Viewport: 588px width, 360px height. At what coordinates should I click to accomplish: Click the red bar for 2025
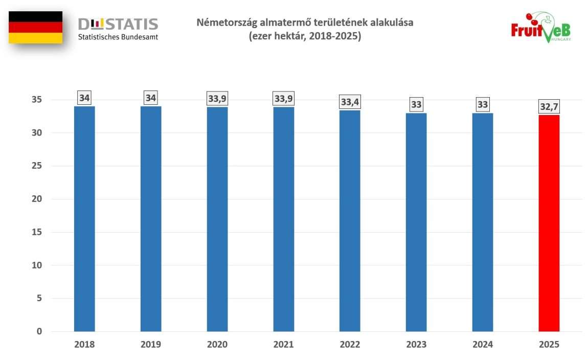[549, 223]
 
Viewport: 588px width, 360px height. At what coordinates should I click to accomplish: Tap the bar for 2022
[350, 221]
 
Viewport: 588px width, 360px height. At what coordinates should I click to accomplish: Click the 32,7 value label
[549, 106]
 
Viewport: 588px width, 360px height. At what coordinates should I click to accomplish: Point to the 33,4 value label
[350, 102]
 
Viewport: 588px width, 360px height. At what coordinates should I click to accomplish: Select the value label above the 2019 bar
[151, 97]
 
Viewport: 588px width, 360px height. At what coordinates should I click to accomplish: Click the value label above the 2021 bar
[284, 98]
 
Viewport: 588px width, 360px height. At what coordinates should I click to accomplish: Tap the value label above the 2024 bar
[483, 105]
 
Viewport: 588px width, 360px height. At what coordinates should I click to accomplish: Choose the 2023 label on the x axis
[416, 345]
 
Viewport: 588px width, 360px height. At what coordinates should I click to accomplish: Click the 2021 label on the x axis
[284, 345]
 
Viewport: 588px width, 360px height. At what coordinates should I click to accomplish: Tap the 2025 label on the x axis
[549, 345]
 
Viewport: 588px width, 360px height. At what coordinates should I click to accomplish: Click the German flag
[36, 27]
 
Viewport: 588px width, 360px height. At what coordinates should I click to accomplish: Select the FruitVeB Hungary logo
[540, 29]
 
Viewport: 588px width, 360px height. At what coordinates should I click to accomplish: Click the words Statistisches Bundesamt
[118, 37]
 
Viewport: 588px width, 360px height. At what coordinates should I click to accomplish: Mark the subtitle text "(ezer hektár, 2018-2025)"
[305, 37]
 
